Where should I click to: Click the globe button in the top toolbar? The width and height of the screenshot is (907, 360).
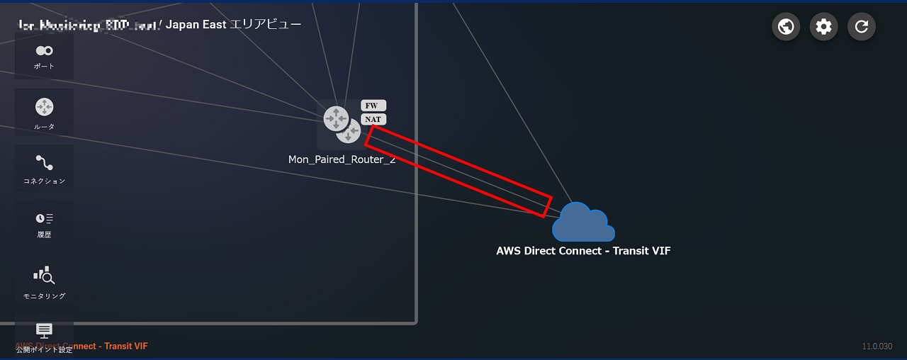[x=785, y=27]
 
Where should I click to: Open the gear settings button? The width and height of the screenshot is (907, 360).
[x=823, y=27]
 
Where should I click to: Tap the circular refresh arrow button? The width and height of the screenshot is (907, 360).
[x=862, y=27]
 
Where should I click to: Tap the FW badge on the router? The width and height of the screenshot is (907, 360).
[x=373, y=106]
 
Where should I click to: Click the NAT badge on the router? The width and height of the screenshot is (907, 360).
[x=373, y=119]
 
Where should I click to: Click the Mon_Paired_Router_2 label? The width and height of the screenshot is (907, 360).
[x=341, y=159]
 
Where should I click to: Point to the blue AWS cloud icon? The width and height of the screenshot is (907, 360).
[x=582, y=223]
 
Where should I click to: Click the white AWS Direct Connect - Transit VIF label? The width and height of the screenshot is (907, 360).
[x=583, y=251]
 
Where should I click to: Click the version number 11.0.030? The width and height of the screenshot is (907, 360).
[x=877, y=347]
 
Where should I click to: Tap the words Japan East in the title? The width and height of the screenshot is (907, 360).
[x=196, y=25]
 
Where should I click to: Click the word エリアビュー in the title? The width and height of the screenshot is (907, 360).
[x=266, y=25]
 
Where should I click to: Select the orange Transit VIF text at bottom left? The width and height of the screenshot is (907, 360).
[x=125, y=346]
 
